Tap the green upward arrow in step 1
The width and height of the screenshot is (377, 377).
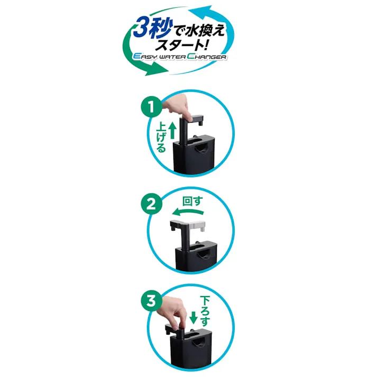click(171, 129)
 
